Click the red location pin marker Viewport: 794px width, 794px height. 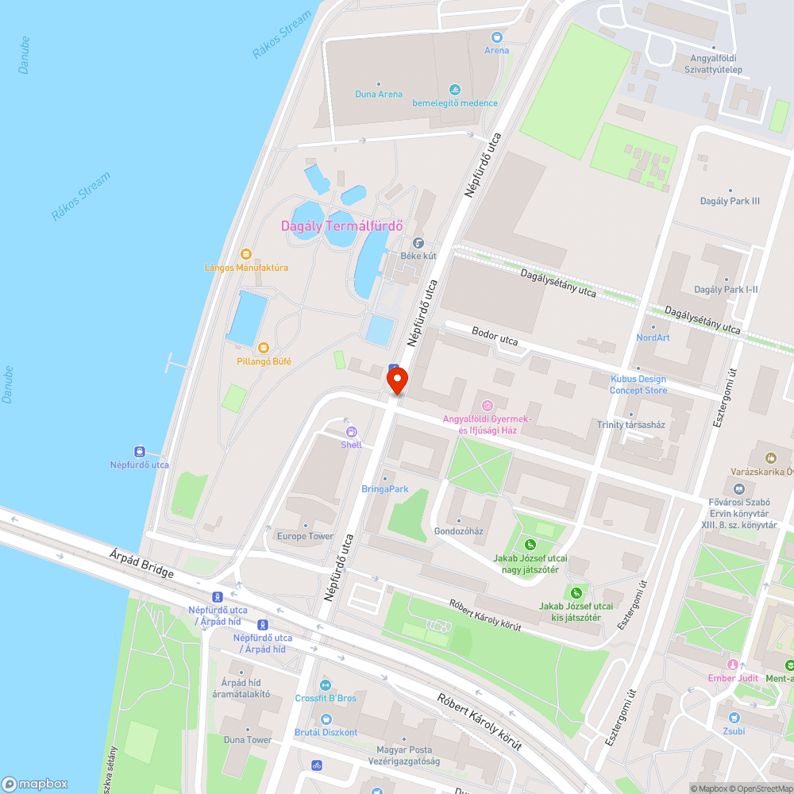tap(398, 382)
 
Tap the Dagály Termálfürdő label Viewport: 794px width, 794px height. tap(341, 226)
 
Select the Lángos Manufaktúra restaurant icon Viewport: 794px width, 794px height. tap(246, 254)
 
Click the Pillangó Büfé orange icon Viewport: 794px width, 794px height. tap(264, 348)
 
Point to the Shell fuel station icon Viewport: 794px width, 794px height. tap(351, 431)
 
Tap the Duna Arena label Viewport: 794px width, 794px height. tap(379, 94)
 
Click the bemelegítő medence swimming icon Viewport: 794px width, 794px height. tap(455, 89)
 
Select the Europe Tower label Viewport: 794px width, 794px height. tap(305, 536)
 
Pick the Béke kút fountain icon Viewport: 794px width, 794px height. tap(418, 243)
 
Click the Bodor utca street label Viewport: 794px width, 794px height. tap(495, 336)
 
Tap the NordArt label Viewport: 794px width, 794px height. tap(653, 337)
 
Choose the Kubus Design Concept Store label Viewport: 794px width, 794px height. tap(638, 384)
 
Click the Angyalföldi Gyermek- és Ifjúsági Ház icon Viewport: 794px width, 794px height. tap(488, 406)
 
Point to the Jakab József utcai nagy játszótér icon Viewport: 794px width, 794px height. tap(530, 545)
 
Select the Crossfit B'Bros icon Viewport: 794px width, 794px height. tap(325, 685)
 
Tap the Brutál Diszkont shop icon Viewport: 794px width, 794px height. tap(326, 719)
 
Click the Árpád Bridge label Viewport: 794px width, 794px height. tap(143, 562)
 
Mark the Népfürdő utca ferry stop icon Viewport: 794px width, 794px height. tap(140, 451)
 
